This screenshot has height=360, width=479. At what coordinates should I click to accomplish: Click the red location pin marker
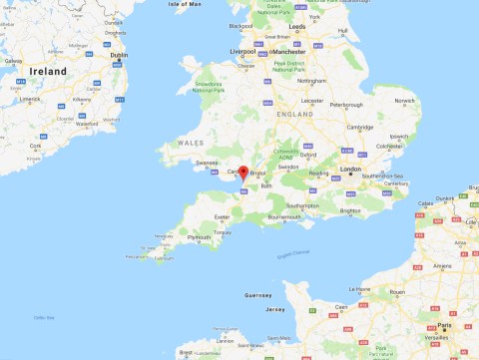click(x=242, y=172)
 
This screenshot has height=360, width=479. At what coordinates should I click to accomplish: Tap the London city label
click(x=350, y=170)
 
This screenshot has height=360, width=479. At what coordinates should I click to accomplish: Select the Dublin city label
click(x=119, y=56)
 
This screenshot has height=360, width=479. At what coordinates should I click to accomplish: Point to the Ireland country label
click(x=48, y=72)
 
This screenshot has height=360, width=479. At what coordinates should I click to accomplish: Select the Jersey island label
click(x=275, y=309)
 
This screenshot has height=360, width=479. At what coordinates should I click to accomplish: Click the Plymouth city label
click(x=199, y=237)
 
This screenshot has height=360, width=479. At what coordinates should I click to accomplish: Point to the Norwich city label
click(x=403, y=101)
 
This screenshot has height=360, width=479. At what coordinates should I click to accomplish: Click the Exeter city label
click(x=223, y=215)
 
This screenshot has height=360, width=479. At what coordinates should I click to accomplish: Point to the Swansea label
click(x=207, y=163)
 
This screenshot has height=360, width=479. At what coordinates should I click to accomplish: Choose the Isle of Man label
click(x=185, y=4)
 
